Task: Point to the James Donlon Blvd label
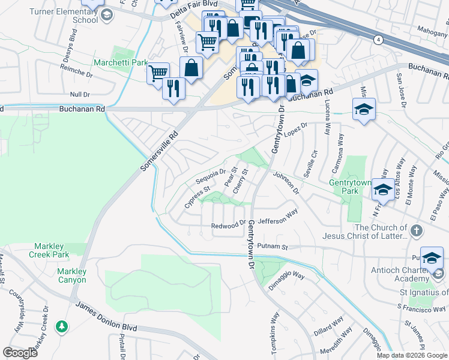pos(106,317)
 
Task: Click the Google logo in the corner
pos(20,352)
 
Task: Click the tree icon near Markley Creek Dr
pos(61,326)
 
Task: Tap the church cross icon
pos(415,230)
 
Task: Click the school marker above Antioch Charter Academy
pos(431,258)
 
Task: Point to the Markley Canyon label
pos(71,275)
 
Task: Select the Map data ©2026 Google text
pos(412,355)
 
